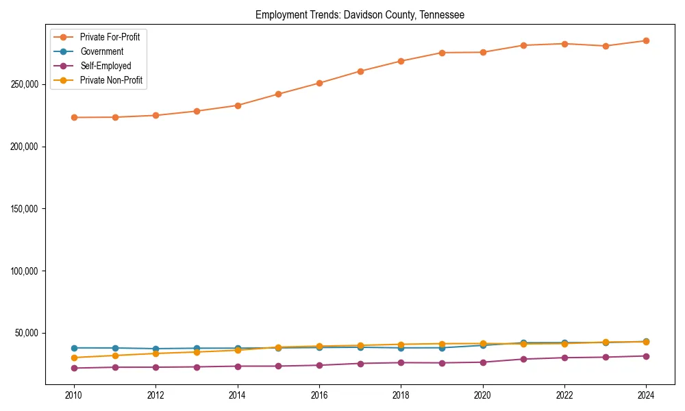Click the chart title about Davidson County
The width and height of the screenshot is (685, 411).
coord(360,14)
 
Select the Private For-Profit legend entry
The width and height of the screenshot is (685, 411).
coord(110,37)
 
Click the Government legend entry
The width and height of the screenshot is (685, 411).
coord(101,51)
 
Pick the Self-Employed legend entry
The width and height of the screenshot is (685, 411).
coord(105,66)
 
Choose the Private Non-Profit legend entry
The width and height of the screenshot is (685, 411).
coord(111,80)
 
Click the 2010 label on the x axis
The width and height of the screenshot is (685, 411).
coord(74,395)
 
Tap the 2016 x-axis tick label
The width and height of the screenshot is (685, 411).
coord(319,395)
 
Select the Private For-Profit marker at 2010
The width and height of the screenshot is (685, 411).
coord(74,117)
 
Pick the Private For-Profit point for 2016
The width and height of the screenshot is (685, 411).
coord(319,83)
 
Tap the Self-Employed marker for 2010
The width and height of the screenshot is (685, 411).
coord(74,368)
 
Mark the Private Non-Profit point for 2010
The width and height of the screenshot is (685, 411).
coord(74,358)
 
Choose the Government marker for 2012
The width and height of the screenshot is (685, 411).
coord(155,349)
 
